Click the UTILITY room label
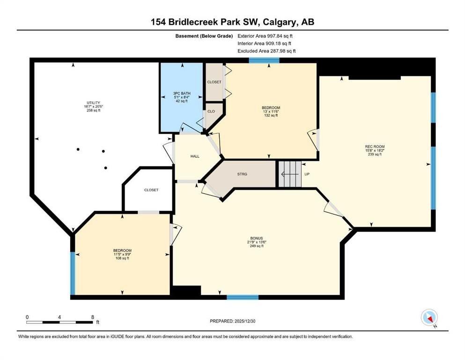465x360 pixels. point(93,103)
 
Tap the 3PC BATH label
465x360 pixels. point(182,93)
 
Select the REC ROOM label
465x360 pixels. point(375,147)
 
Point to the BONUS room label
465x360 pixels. point(257,238)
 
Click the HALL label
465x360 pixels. point(195,156)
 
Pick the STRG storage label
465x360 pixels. point(242,174)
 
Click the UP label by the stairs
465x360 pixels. point(307,174)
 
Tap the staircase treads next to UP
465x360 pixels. point(290,174)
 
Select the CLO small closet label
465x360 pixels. point(211,111)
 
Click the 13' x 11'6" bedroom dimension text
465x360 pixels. point(271,112)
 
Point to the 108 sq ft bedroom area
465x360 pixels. point(122,258)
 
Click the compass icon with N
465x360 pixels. point(429,317)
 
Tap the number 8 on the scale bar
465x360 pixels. point(93,317)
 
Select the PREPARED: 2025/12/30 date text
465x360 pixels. point(232,321)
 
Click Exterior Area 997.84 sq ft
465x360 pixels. point(265,36)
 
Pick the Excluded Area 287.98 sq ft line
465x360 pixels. point(266,51)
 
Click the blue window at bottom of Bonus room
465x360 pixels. point(243,297)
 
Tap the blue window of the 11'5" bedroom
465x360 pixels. point(73,273)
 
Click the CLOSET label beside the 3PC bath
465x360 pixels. point(214,82)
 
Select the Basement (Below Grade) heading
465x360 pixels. point(204,36)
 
